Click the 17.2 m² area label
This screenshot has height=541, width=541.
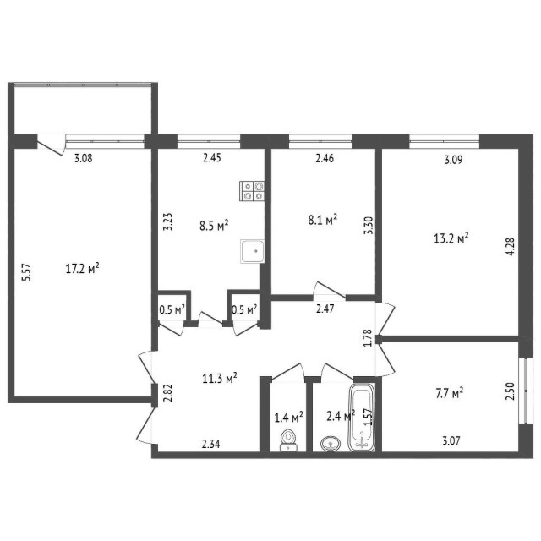coord(83,270)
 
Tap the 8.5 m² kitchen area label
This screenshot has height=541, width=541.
coord(214,225)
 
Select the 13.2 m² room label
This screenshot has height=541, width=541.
coord(451,239)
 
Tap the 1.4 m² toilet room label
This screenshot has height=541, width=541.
coord(288,416)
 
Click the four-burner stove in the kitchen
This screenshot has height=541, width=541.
coord(252,190)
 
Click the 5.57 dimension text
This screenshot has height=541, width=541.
coord(26,272)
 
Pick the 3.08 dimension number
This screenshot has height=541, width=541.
coord(82,157)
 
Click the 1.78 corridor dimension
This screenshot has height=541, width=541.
coord(367,338)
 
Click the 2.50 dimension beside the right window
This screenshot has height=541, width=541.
coord(509,391)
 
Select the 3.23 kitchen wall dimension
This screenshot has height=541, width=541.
coord(167,221)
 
